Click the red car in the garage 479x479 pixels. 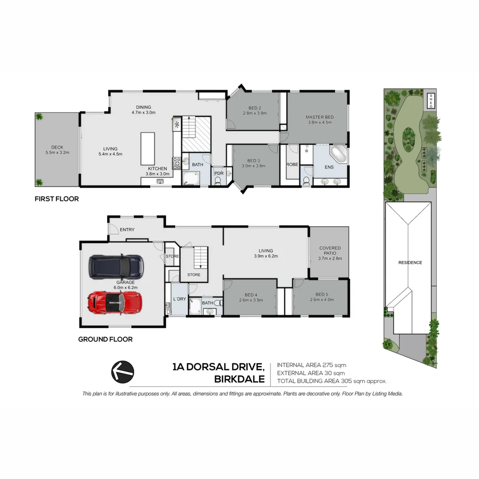click(115, 302)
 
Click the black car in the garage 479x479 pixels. click(116, 267)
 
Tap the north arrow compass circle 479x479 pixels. click(122, 371)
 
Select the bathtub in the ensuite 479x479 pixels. click(338, 155)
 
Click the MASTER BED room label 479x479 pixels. click(320, 117)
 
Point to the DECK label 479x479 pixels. click(57, 147)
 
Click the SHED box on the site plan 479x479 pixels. click(430, 101)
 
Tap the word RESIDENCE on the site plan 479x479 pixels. click(410, 263)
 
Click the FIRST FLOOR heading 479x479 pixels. click(57, 199)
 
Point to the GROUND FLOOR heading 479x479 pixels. click(105, 339)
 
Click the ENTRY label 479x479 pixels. click(127, 229)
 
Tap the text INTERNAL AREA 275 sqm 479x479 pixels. click(311, 365)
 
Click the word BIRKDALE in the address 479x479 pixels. click(239, 380)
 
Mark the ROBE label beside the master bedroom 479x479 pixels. click(292, 164)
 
